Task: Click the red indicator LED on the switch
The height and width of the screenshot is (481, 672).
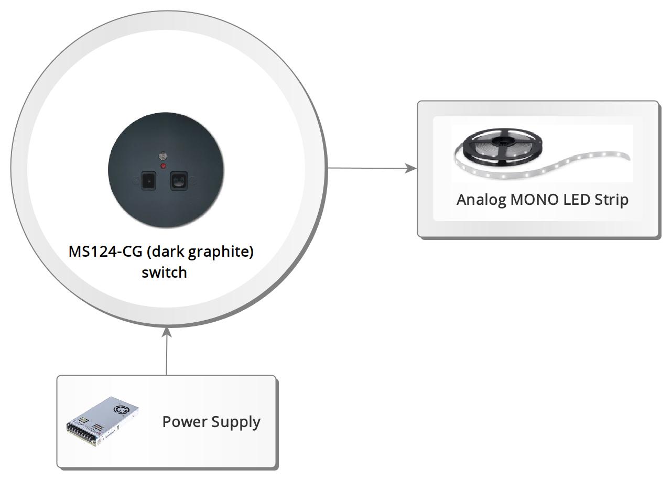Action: (163, 166)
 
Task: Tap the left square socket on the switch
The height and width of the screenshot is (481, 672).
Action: (148, 180)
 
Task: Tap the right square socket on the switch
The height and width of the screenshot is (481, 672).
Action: (179, 181)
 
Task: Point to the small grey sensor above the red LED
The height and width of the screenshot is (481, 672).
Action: (163, 156)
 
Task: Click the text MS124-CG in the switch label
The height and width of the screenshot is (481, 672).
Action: (105, 252)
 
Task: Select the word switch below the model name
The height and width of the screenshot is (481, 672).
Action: (164, 272)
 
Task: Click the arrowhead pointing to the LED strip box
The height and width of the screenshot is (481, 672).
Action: (411, 168)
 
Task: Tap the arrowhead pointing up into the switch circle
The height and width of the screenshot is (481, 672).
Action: (167, 332)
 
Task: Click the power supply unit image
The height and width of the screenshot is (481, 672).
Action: (102, 421)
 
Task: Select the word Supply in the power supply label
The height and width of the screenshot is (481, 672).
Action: (236, 422)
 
